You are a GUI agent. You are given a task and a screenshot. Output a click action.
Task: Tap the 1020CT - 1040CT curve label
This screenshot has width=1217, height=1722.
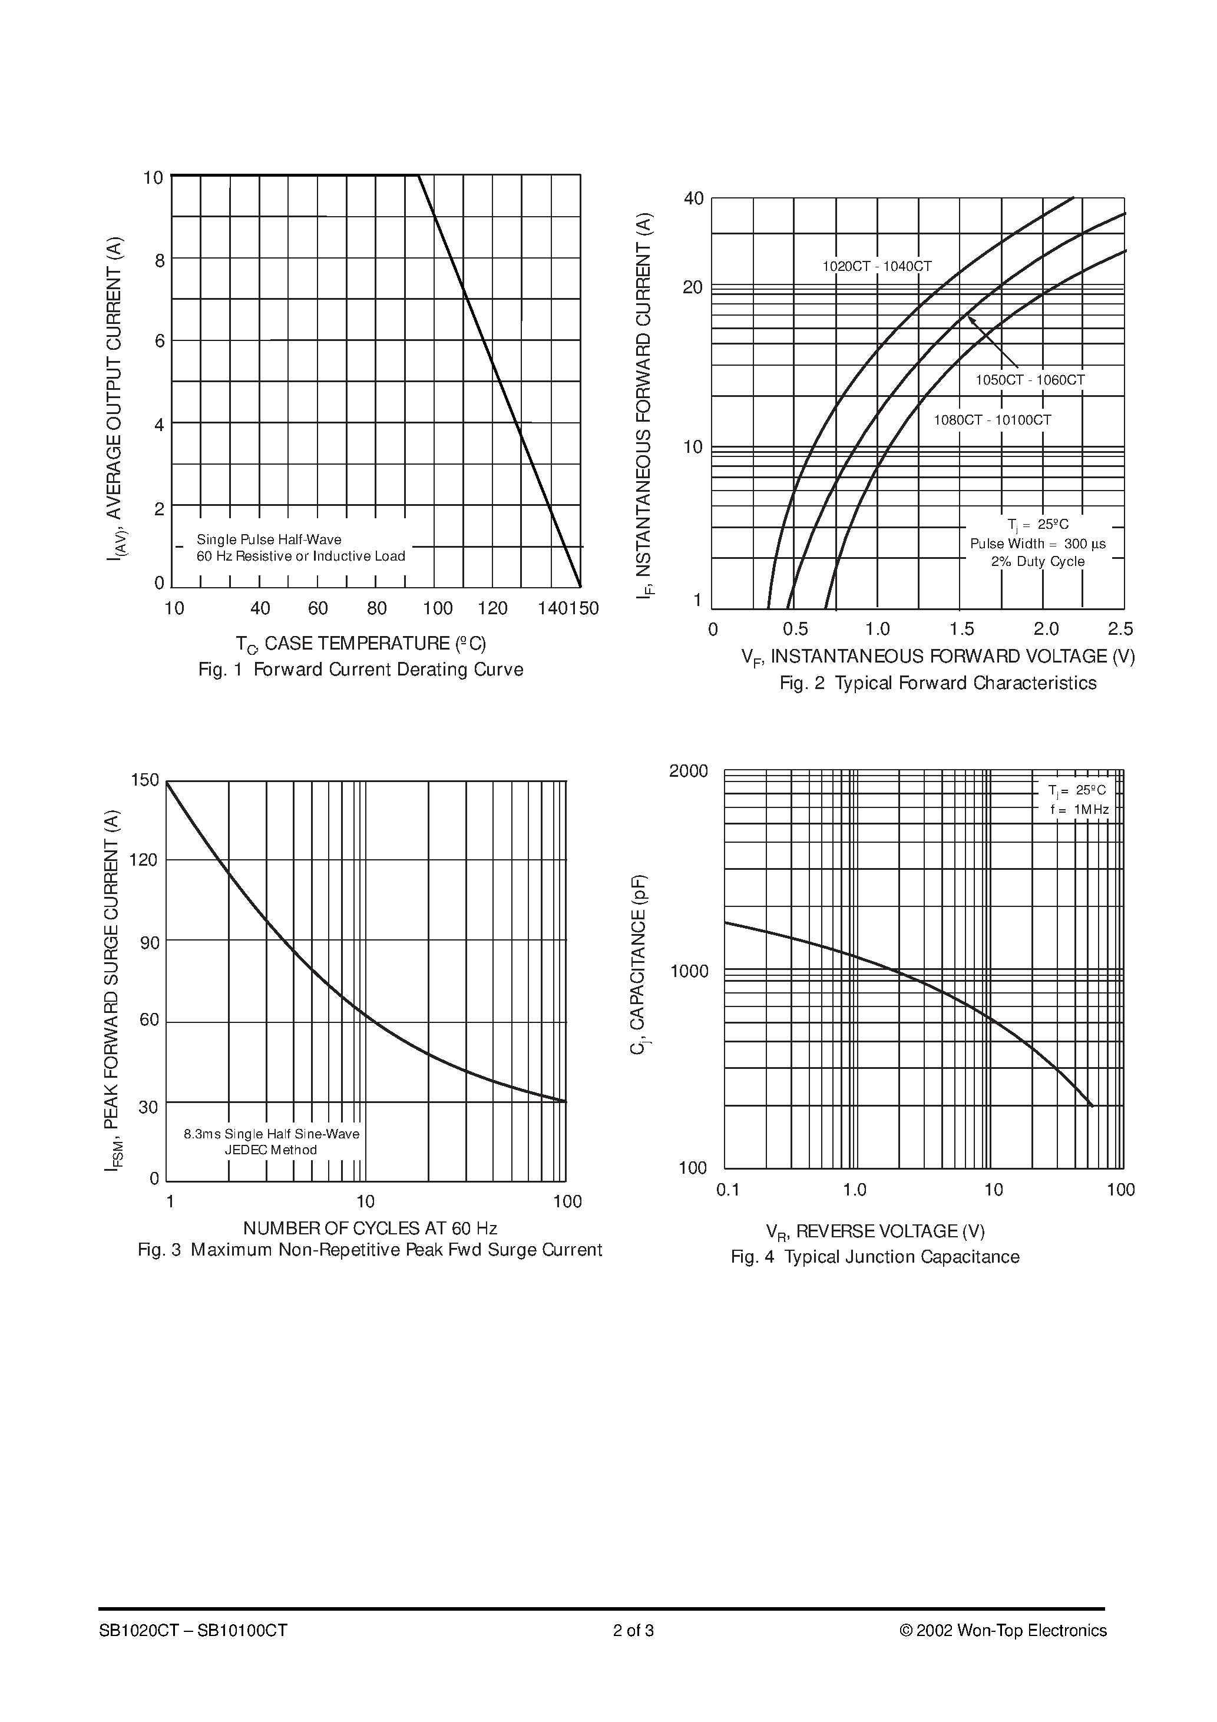pos(877,266)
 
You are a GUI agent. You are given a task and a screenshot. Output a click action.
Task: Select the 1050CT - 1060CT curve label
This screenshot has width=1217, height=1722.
pos(1030,380)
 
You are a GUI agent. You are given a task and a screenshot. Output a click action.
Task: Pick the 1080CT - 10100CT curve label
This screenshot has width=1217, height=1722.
pos(992,420)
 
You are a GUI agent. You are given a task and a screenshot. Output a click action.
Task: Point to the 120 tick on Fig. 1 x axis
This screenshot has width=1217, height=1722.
pos(493,608)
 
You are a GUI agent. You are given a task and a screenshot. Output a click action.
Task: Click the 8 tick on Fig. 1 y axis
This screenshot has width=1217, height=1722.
pos(159,261)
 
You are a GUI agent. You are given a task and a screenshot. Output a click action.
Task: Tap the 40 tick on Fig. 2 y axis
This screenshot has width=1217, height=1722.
pos(693,198)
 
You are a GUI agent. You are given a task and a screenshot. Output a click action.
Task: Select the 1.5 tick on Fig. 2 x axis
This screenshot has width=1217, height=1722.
pos(961,628)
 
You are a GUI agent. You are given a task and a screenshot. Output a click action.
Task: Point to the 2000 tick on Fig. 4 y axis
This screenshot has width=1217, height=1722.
pos(688,771)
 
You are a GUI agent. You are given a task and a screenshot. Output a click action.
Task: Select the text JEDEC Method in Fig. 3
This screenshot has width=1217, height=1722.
pos(271,1150)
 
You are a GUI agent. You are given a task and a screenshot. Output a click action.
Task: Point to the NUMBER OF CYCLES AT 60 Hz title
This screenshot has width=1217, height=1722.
pos(370,1228)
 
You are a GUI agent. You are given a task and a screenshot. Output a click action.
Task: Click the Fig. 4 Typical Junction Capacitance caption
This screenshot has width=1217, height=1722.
pos(875,1257)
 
